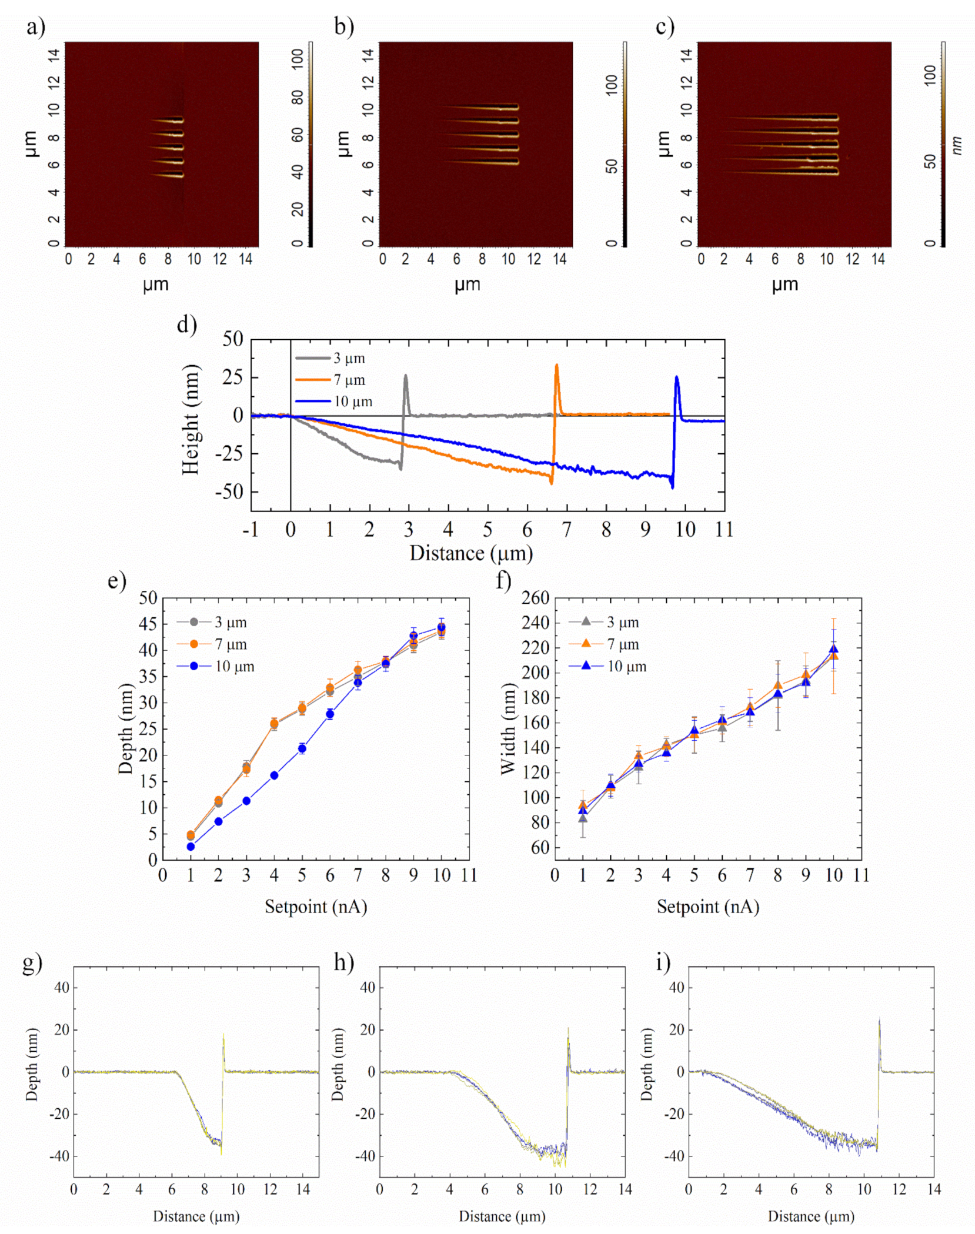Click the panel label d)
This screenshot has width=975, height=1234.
tap(186, 325)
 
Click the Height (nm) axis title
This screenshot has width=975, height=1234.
tap(191, 419)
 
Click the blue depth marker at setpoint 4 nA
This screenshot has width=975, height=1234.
tap(274, 775)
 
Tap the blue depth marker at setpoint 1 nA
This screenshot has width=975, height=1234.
tap(191, 847)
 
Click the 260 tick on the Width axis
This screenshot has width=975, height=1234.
tap(535, 598)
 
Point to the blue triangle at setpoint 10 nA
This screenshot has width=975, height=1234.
tap(833, 649)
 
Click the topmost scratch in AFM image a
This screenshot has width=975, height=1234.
tap(168, 121)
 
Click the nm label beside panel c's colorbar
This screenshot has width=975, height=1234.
tap(957, 145)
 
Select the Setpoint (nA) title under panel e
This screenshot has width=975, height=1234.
tap(316, 907)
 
